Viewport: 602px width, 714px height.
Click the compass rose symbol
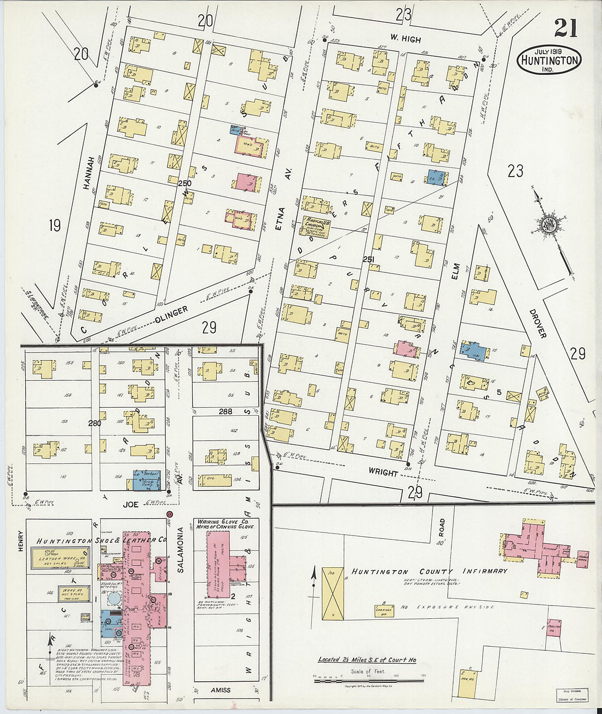pyautogui.click(x=548, y=225)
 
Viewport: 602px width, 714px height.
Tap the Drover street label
pyautogui.click(x=538, y=323)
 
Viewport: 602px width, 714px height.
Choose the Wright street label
pyautogui.click(x=383, y=472)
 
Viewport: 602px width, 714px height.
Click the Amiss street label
pyautogui.click(x=220, y=690)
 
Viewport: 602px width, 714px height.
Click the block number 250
pyautogui.click(x=184, y=183)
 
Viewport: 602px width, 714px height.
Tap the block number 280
pyautogui.click(x=95, y=423)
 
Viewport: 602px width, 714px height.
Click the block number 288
pyautogui.click(x=225, y=411)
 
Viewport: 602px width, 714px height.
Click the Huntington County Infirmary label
pyautogui.click(x=429, y=571)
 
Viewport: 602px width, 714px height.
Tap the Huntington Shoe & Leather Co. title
pyautogui.click(x=102, y=540)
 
